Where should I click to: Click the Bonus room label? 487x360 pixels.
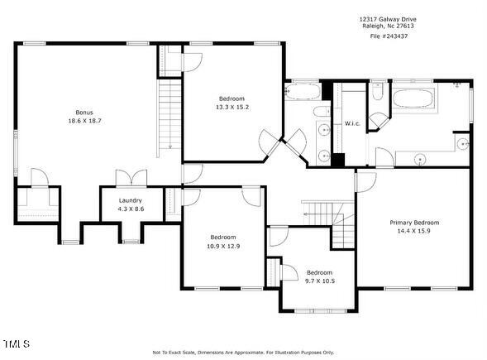click(x=84, y=112)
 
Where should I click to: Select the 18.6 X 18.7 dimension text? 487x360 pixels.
click(x=84, y=121)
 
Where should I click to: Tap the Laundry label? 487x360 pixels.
click(x=130, y=200)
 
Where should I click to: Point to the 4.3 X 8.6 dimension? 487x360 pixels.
click(x=130, y=209)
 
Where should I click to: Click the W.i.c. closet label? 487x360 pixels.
click(x=350, y=124)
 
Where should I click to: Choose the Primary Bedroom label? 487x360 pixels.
click(x=414, y=223)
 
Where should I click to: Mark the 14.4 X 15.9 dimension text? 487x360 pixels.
click(x=414, y=232)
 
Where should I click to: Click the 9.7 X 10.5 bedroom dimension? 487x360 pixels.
click(x=319, y=281)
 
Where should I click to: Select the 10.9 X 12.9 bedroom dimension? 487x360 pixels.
click(x=222, y=246)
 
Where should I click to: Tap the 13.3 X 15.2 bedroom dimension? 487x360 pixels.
click(x=232, y=107)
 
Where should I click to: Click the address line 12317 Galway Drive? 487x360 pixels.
click(x=387, y=17)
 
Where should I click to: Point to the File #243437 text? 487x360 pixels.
click(x=387, y=36)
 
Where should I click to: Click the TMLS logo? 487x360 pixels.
click(x=16, y=343)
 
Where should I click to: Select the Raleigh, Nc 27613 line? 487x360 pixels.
click(x=387, y=26)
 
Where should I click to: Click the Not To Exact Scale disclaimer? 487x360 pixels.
click(x=243, y=352)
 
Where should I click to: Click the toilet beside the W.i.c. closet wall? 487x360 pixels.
click(x=377, y=94)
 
